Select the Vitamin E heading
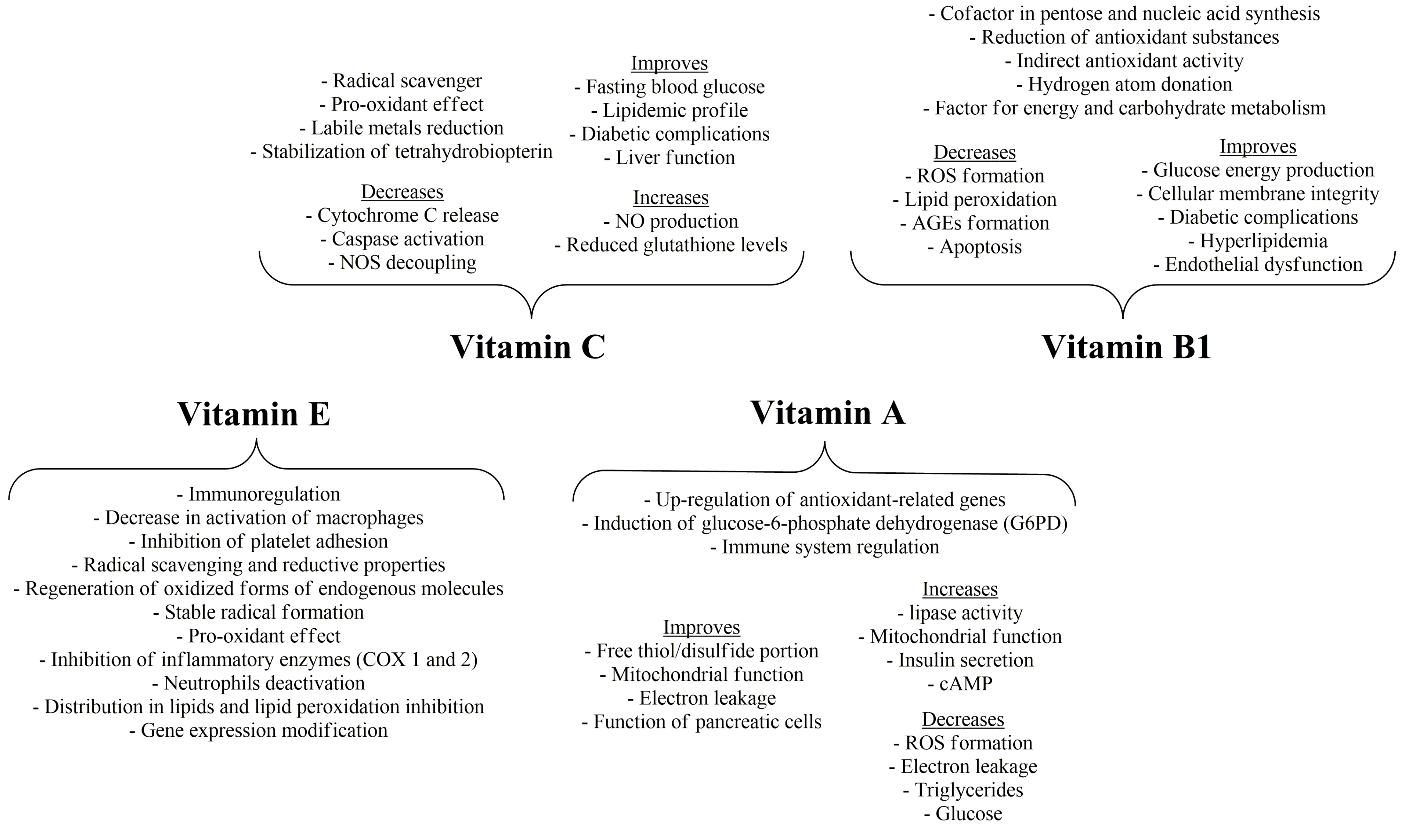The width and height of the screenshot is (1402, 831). pos(254,414)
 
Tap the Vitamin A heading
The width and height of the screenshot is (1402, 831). pos(827,413)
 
